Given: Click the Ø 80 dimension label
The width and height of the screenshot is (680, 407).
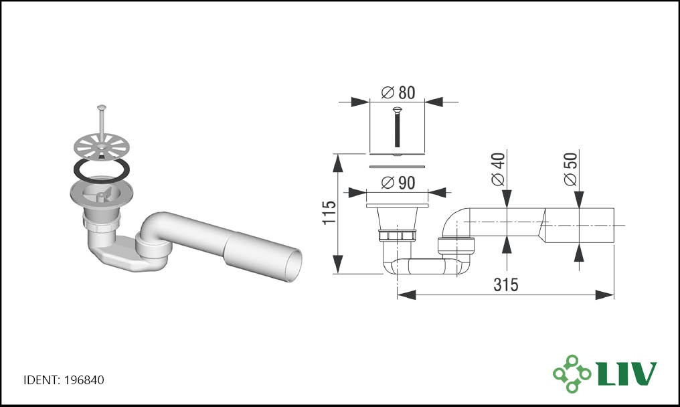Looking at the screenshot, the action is click(x=398, y=92).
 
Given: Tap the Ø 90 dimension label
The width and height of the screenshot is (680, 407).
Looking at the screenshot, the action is click(x=398, y=183).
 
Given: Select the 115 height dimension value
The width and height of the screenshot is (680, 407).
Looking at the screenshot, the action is click(x=329, y=213).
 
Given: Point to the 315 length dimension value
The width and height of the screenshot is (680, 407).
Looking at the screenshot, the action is click(x=506, y=284).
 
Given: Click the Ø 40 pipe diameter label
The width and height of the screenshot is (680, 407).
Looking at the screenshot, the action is click(x=499, y=169).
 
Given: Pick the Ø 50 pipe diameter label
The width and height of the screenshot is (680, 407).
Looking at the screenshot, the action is click(x=571, y=169).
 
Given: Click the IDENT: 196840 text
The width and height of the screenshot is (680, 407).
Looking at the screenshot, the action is click(x=64, y=380).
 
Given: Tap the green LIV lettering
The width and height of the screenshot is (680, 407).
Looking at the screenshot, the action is click(x=628, y=374).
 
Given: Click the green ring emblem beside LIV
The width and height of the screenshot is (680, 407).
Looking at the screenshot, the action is click(x=572, y=374).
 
